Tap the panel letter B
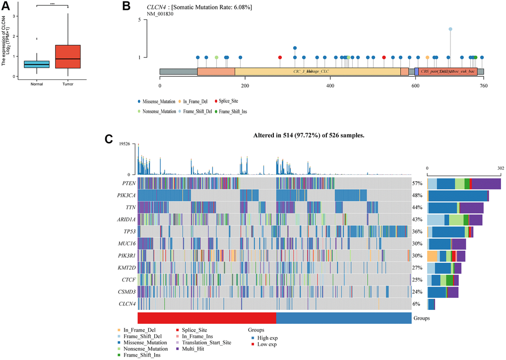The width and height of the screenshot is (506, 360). [x=126, y=7]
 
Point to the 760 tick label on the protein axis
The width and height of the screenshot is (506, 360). [x=483, y=85]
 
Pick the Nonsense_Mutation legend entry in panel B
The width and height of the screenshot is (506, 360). [x=156, y=112]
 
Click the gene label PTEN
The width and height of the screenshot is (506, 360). [x=126, y=183]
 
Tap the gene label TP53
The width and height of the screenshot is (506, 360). [x=126, y=231]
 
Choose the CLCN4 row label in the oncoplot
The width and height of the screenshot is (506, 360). [x=124, y=303]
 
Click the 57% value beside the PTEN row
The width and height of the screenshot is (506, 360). [x=417, y=183]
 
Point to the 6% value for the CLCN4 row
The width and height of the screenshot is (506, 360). [x=417, y=303]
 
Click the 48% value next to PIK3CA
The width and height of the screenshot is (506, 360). [x=417, y=195]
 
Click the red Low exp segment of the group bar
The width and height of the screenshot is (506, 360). [x=207, y=318]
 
